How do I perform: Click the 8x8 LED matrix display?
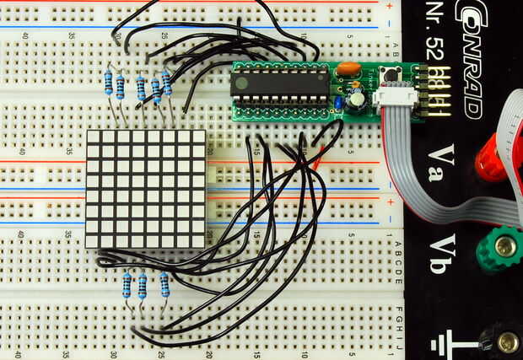click(145, 189)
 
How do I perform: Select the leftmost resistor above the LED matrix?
click(108, 83)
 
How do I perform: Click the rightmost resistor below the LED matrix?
click(164, 284)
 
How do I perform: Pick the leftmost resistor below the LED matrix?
click(127, 285)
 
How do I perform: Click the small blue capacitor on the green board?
click(338, 103)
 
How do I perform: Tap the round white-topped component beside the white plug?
click(358, 100)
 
